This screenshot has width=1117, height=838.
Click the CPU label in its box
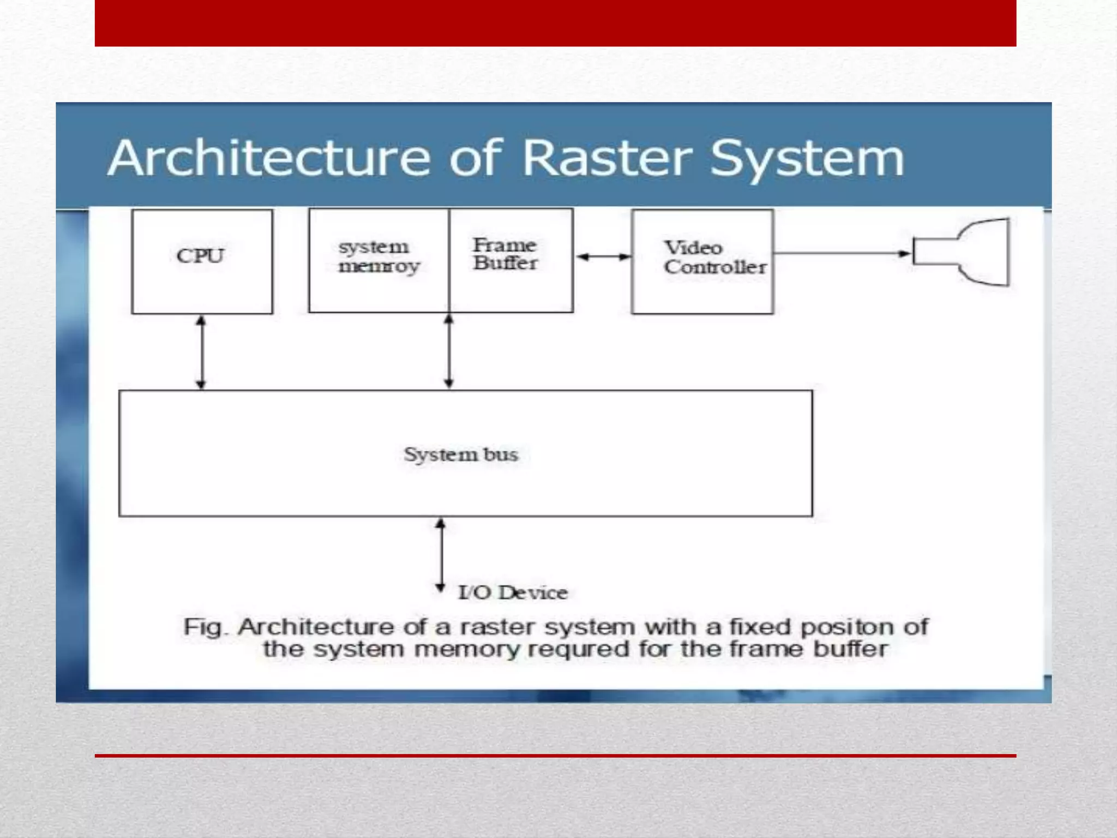pyautogui.click(x=200, y=256)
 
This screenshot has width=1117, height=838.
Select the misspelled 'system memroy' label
pyautogui.click(x=379, y=256)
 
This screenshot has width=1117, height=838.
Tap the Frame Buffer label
pyautogui.click(x=505, y=254)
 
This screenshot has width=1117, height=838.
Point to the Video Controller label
pyautogui.click(x=714, y=258)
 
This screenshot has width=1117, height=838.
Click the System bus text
pyautogui.click(x=461, y=454)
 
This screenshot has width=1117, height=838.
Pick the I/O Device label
pyautogui.click(x=513, y=592)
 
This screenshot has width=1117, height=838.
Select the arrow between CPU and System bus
pyautogui.click(x=201, y=352)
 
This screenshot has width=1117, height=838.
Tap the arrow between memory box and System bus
pyautogui.click(x=449, y=351)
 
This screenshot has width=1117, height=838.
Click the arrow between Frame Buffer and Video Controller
pyautogui.click(x=603, y=256)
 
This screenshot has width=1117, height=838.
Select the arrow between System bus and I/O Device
pyautogui.click(x=440, y=555)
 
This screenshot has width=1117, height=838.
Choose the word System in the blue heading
pyautogui.click(x=807, y=159)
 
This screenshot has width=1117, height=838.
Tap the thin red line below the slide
pyautogui.click(x=555, y=756)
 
